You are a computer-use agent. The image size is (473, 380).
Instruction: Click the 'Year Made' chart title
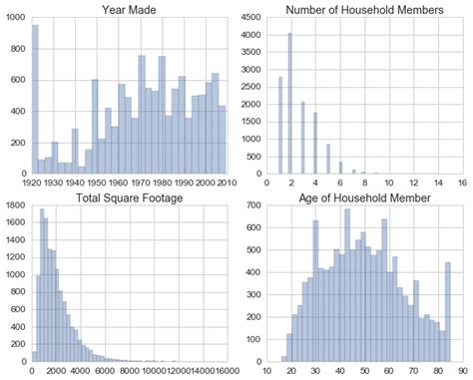[130, 11]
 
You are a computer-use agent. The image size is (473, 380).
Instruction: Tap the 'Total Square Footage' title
[130, 197]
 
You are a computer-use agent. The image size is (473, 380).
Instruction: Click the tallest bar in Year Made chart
[35, 100]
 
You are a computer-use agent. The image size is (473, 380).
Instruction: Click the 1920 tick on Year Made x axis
[32, 183]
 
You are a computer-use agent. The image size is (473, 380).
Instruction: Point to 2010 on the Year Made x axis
[226, 183]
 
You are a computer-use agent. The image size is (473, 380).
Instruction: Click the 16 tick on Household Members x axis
[461, 183]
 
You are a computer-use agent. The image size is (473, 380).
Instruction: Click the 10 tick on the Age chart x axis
[267, 370]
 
